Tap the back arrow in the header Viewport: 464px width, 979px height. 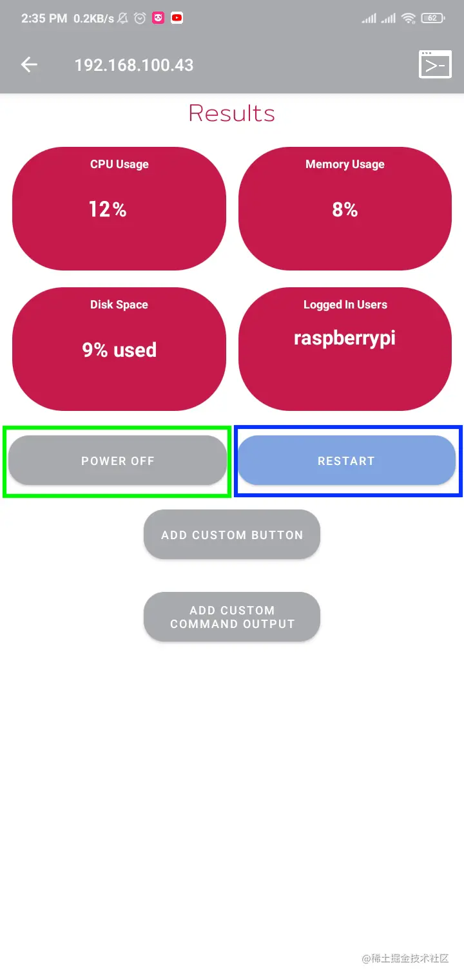(x=29, y=64)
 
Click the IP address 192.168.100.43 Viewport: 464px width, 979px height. (x=134, y=65)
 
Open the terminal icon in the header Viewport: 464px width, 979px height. (x=435, y=64)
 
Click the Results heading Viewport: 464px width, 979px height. (x=232, y=113)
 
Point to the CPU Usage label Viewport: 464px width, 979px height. (x=119, y=164)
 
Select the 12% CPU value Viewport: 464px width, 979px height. (x=108, y=209)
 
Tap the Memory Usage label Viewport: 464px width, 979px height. (x=345, y=164)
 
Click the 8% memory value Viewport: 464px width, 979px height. (x=345, y=209)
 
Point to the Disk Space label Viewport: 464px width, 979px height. (x=119, y=305)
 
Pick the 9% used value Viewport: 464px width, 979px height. (x=119, y=350)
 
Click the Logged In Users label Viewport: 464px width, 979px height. (x=345, y=305)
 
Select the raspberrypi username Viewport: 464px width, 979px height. (x=345, y=338)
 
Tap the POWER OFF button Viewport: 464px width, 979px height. (x=117, y=461)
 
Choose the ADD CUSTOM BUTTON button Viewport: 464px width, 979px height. (x=232, y=535)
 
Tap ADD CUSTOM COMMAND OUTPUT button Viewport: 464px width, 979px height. (x=232, y=617)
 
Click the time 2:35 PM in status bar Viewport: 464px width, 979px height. (x=44, y=19)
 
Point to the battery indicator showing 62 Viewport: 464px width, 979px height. (x=432, y=19)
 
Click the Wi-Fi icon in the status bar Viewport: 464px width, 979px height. (x=409, y=19)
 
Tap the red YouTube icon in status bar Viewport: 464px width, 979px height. (x=177, y=19)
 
